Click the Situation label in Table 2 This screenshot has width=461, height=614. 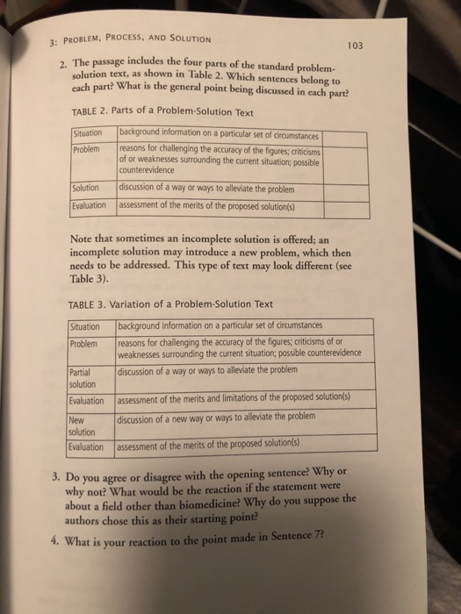(x=90, y=134)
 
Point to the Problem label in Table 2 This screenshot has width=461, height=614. (x=88, y=148)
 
